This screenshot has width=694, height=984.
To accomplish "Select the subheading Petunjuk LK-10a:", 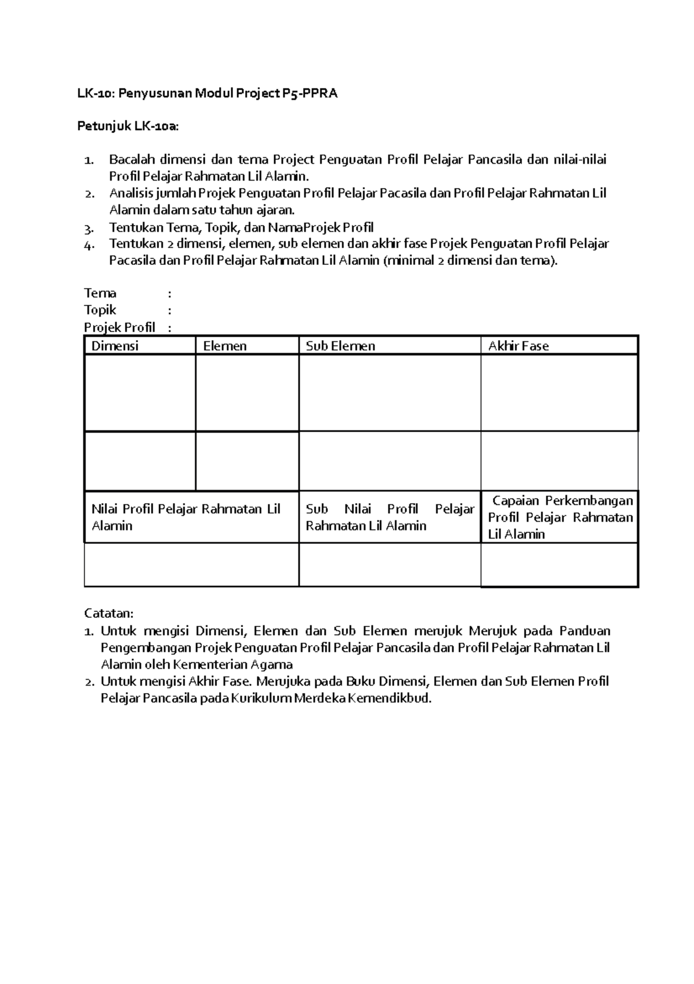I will (x=128, y=127).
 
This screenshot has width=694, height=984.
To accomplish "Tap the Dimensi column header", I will (x=115, y=346).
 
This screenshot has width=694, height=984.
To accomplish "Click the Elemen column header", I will (x=225, y=346).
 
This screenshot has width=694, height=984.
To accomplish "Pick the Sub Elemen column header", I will (x=340, y=346).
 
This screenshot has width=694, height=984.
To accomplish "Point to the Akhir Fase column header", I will (x=518, y=346).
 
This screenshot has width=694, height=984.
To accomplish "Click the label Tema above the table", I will (x=100, y=293).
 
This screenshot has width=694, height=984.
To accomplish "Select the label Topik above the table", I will (x=100, y=310).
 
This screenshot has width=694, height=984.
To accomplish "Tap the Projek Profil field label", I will (x=120, y=327).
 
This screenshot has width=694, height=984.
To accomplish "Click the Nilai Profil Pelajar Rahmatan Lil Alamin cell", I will (x=186, y=517).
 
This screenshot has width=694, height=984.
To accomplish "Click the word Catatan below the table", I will (x=109, y=613).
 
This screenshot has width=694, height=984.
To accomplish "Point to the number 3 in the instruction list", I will (x=88, y=228).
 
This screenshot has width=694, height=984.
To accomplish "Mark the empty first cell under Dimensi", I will (x=140, y=393).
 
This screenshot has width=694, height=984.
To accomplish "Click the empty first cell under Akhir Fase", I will (x=559, y=393).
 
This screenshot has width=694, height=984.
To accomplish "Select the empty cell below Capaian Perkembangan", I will (x=559, y=565).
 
